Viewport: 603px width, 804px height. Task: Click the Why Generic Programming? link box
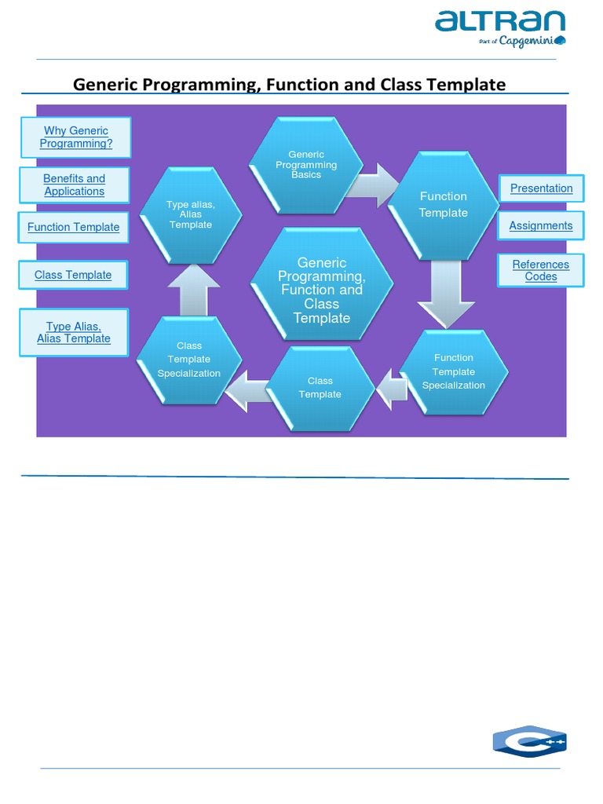[76, 137]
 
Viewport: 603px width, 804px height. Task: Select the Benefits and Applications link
[74, 185]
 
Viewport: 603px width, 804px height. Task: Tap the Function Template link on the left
[73, 228]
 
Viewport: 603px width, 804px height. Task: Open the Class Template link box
[73, 276]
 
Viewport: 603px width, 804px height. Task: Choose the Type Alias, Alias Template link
[74, 333]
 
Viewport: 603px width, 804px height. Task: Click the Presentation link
[541, 188]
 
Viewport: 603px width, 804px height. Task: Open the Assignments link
[541, 226]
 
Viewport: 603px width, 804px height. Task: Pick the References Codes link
[541, 271]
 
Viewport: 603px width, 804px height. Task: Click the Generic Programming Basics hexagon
[306, 165]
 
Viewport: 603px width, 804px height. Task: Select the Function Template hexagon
[444, 205]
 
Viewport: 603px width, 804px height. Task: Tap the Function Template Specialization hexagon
[454, 371]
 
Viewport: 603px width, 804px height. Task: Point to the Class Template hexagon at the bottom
[320, 388]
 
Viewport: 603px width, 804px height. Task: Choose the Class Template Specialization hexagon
[189, 360]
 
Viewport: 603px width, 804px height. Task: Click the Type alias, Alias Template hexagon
[190, 214]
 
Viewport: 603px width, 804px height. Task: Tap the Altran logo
[500, 27]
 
